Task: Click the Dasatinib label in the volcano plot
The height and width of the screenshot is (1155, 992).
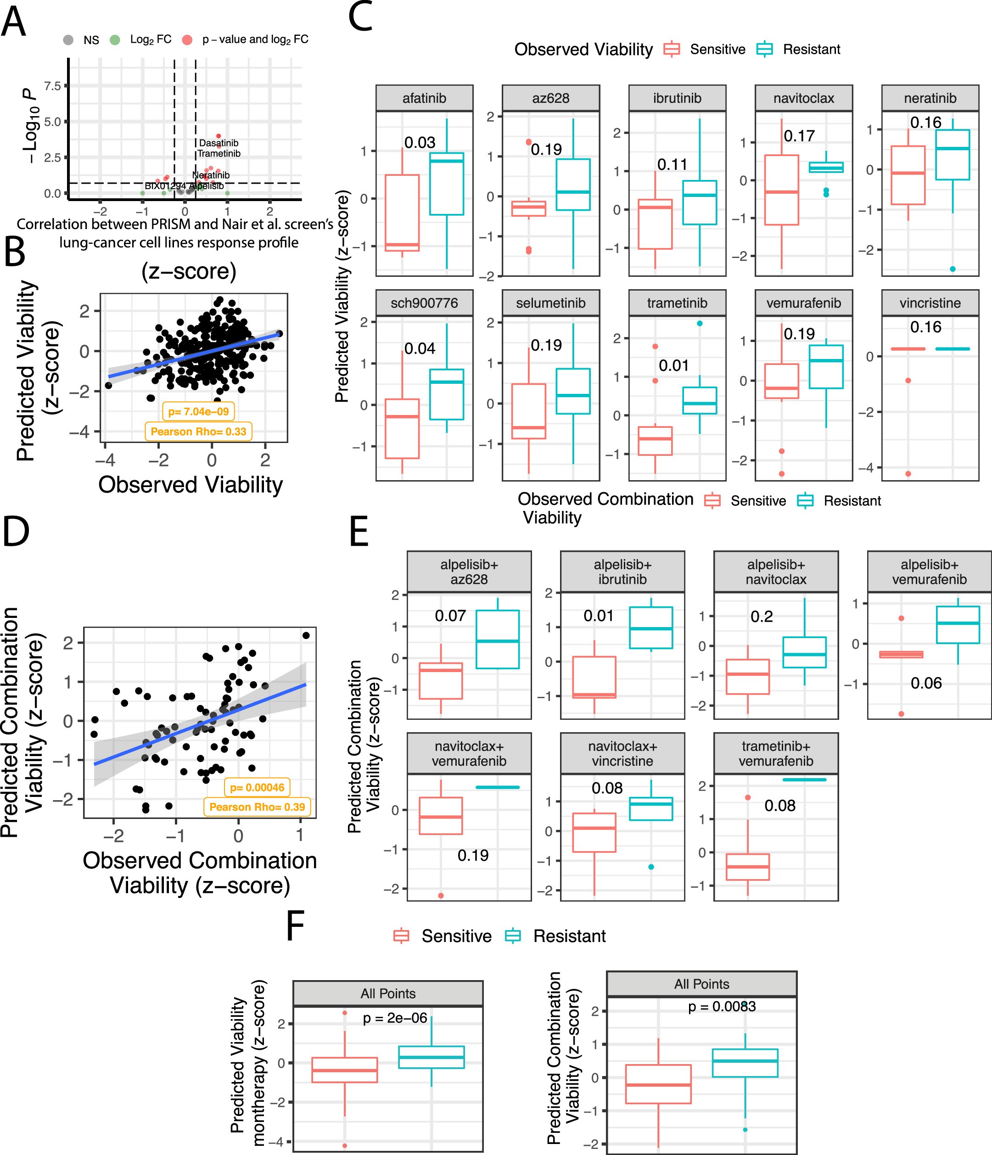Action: (219, 143)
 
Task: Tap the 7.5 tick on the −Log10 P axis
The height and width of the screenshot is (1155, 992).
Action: (52, 86)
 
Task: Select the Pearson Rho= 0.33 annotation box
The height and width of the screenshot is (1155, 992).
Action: (198, 432)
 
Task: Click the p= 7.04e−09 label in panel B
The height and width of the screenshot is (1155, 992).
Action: (198, 412)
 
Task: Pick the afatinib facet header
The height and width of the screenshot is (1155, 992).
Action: (424, 99)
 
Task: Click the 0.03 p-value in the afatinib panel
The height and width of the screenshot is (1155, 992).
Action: (420, 143)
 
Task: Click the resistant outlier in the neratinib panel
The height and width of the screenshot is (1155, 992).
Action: (953, 269)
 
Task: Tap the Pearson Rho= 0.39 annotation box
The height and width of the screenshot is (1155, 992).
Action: (257, 807)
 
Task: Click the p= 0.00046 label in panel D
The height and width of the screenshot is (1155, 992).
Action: (257, 788)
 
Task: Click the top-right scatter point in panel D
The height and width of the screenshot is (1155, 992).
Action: (305, 635)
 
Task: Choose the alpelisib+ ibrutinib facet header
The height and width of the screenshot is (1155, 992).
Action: (622, 572)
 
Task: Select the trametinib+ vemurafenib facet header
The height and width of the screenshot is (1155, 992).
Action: (776, 754)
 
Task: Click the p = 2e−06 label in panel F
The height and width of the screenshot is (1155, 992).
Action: (395, 1018)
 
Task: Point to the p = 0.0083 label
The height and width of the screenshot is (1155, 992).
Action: (722, 1007)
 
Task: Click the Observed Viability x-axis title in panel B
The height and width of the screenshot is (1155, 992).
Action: (191, 485)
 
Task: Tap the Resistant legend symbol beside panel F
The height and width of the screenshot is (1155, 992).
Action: (513, 936)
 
